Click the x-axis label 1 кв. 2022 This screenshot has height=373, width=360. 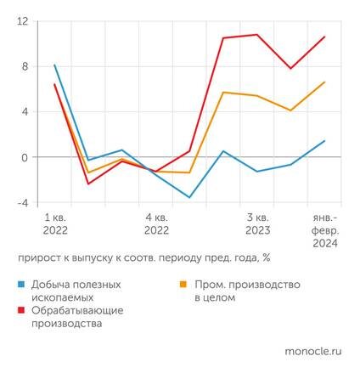[55, 223]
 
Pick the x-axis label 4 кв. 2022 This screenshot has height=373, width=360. [156, 223]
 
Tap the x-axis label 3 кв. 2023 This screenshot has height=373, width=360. [257, 223]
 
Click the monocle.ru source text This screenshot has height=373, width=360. [311, 348]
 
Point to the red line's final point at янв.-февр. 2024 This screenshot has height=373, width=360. [324, 37]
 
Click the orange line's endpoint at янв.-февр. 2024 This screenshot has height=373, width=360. [324, 82]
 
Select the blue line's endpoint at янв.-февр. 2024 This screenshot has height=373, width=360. [324, 141]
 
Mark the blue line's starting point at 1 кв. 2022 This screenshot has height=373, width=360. [54, 65]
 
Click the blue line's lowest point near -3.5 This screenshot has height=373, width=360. [189, 197]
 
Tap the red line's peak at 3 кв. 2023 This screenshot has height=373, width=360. [256, 35]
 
